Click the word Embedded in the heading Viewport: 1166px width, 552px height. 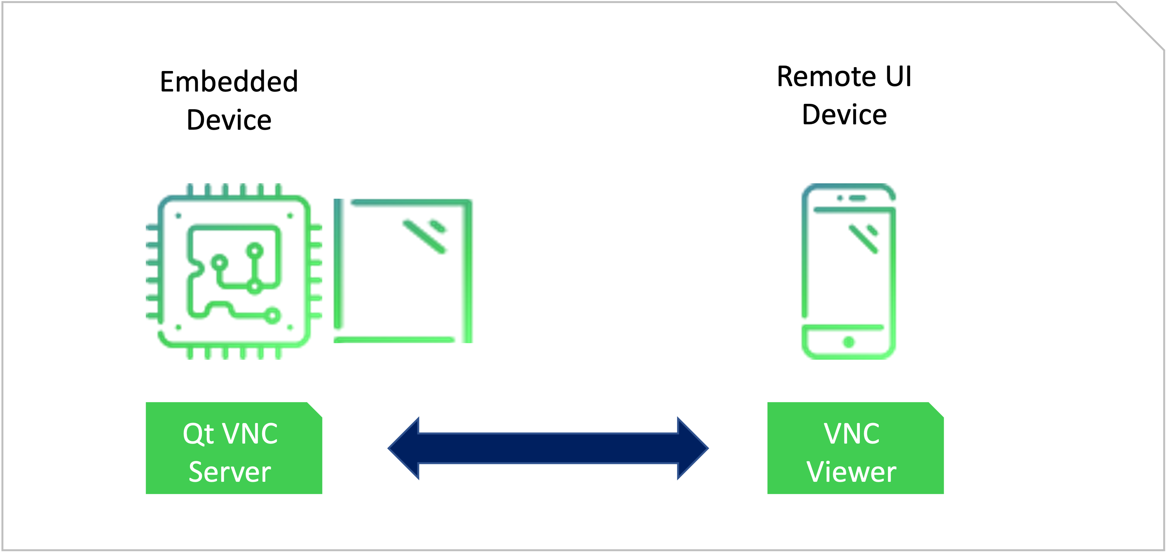229,82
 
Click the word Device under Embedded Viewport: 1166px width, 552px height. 229,120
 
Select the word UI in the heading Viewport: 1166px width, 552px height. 898,76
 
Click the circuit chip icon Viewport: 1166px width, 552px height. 234,271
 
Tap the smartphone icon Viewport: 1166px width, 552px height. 849,271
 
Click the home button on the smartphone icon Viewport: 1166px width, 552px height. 849,342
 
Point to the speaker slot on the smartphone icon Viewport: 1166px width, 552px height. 857,198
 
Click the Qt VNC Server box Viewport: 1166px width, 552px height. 234,448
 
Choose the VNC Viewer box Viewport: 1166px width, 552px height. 855,448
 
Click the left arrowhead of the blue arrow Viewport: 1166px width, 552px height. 404,448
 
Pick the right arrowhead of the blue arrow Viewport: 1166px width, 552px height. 692,448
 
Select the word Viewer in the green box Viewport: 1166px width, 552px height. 851,472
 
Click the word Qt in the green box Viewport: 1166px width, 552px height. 198,434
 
